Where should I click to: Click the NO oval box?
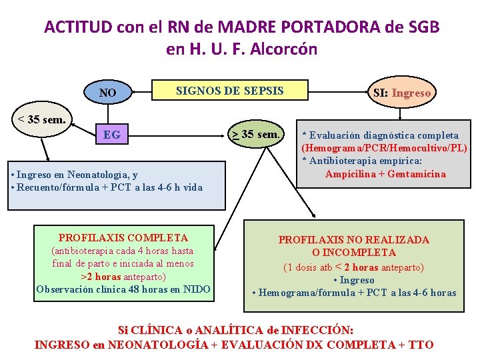click(x=107, y=93)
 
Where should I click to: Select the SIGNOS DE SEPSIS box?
click(x=229, y=91)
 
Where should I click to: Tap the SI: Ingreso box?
click(x=401, y=93)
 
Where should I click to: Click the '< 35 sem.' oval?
click(x=41, y=121)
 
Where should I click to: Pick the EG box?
click(x=112, y=135)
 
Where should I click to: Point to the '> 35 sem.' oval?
click(x=256, y=135)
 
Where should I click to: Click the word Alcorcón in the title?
click(x=284, y=49)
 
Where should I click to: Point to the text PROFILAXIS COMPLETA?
click(x=123, y=238)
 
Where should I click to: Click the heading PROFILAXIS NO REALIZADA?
click(x=353, y=239)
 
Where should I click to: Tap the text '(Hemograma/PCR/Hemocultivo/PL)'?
click(x=384, y=147)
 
